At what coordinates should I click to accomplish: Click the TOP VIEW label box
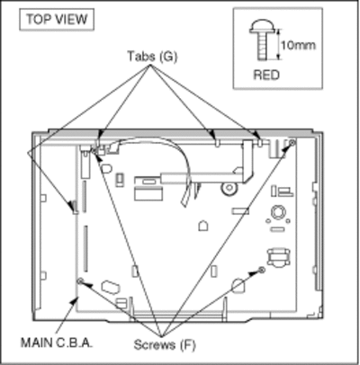coord(57,20)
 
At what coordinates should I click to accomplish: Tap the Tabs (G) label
coord(152,56)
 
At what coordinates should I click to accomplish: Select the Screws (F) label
coord(165,345)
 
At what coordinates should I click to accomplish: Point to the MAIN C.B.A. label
coord(57,343)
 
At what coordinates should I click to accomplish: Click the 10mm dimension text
coord(298,45)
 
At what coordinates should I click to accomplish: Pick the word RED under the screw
coord(266,75)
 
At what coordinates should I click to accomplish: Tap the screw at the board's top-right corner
coord(292,143)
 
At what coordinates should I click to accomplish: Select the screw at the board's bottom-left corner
coord(80,280)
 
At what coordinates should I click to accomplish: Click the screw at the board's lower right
coord(262,270)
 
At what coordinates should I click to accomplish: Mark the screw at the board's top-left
coord(94,150)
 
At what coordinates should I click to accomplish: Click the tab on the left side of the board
coord(75,207)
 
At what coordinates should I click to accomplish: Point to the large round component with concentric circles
coord(278,212)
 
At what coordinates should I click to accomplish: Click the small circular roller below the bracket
coord(229,188)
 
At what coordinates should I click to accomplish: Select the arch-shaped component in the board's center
coord(203,226)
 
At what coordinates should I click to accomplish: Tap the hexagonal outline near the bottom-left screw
coord(111,287)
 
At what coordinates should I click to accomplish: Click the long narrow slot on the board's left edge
coord(85,249)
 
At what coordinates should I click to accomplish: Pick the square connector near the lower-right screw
coord(278,257)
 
